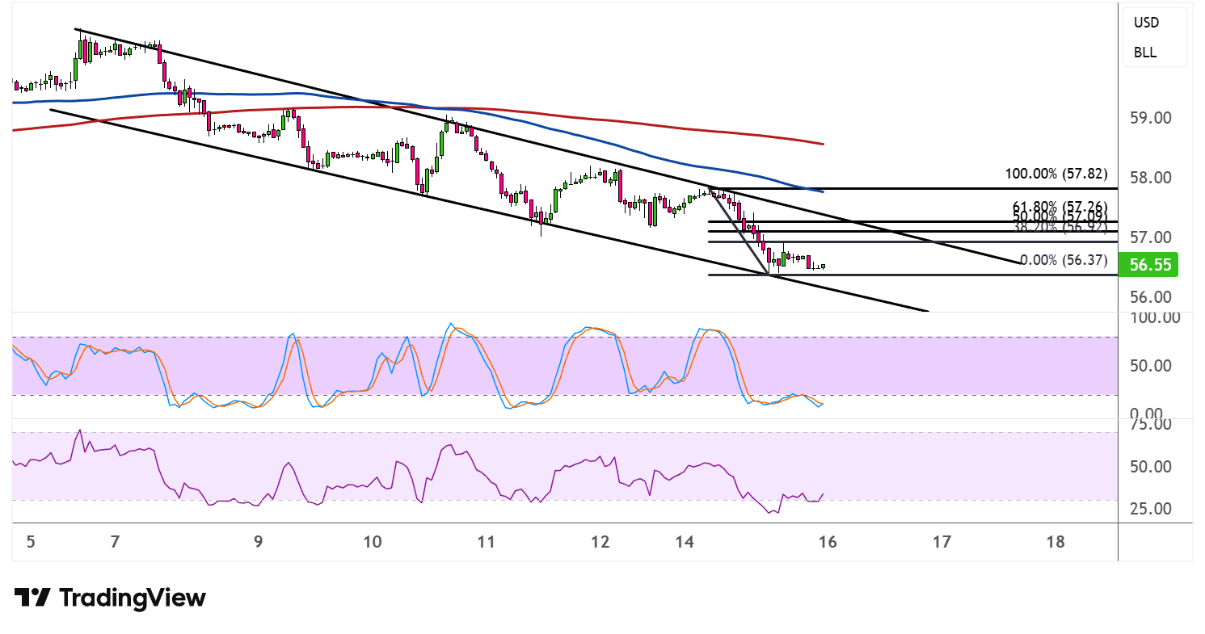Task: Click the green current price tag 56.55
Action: [1148, 264]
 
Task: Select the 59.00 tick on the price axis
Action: [1149, 118]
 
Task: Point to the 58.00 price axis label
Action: [1149, 178]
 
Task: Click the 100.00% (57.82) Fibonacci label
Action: [1055, 174]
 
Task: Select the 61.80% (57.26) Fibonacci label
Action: [1060, 207]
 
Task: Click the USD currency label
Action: [1146, 23]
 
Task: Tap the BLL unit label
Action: [1144, 53]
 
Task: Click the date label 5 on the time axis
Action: [31, 542]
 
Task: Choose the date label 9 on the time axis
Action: [258, 542]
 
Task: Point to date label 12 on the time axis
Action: [599, 542]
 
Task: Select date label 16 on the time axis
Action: [827, 542]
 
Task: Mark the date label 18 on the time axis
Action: [1055, 542]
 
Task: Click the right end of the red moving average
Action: [822, 144]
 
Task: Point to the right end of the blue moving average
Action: [822, 191]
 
